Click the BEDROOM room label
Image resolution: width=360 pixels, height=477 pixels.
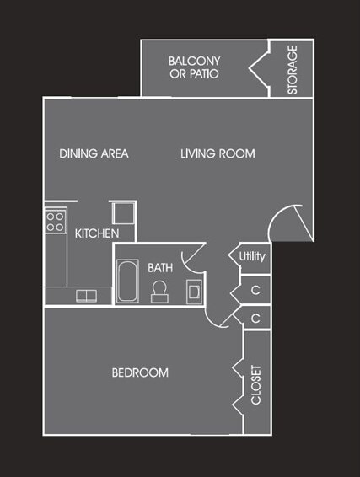pos(140,372)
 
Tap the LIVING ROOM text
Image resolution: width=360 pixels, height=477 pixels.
pos(218,153)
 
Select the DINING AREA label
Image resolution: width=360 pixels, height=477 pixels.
pos(94,153)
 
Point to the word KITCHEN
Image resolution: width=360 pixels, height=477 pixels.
pos(97,233)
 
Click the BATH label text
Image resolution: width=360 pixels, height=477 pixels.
pos(160,267)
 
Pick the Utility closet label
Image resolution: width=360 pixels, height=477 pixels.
pos(252,256)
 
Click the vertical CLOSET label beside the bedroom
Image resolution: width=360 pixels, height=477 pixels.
pos(257,384)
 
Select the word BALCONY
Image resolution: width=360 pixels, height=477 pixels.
pos(194,61)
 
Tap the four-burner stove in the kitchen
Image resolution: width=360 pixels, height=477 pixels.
pos(56,222)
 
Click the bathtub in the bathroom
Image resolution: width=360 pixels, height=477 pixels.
pos(129,281)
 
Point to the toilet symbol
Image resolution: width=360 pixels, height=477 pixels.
pos(159,291)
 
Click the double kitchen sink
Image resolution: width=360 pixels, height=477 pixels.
pos(86,295)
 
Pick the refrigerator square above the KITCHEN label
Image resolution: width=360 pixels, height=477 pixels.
pos(121,212)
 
